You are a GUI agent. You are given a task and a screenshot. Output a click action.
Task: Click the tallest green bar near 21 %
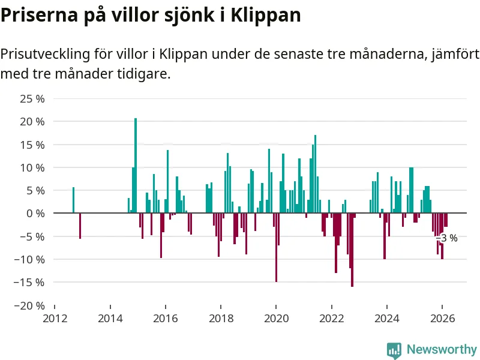tap(136, 165)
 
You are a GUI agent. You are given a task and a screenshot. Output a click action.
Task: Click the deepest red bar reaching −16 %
tap(352, 250)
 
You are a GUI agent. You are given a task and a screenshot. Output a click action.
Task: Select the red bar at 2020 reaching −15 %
tap(276, 247)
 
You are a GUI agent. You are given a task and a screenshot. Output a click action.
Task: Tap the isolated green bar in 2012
tap(73, 200)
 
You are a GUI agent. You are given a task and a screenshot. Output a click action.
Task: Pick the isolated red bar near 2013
tap(80, 226)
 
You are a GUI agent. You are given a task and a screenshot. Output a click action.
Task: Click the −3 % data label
tap(446, 238)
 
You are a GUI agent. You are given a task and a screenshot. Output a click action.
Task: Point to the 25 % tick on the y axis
tap(32, 98)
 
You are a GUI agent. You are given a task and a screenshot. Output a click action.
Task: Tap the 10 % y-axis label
tap(32, 167)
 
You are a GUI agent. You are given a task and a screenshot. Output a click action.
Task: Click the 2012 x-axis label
tap(55, 318)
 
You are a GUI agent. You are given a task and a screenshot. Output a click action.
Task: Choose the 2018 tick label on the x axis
tap(221, 318)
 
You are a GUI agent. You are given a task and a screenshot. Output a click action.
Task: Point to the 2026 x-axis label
tap(442, 318)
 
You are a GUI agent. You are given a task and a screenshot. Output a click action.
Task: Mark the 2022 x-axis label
tap(331, 318)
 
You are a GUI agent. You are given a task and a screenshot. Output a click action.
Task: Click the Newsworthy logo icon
tap(394, 350)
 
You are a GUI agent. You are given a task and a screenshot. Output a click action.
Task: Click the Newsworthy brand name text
tap(442, 349)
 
